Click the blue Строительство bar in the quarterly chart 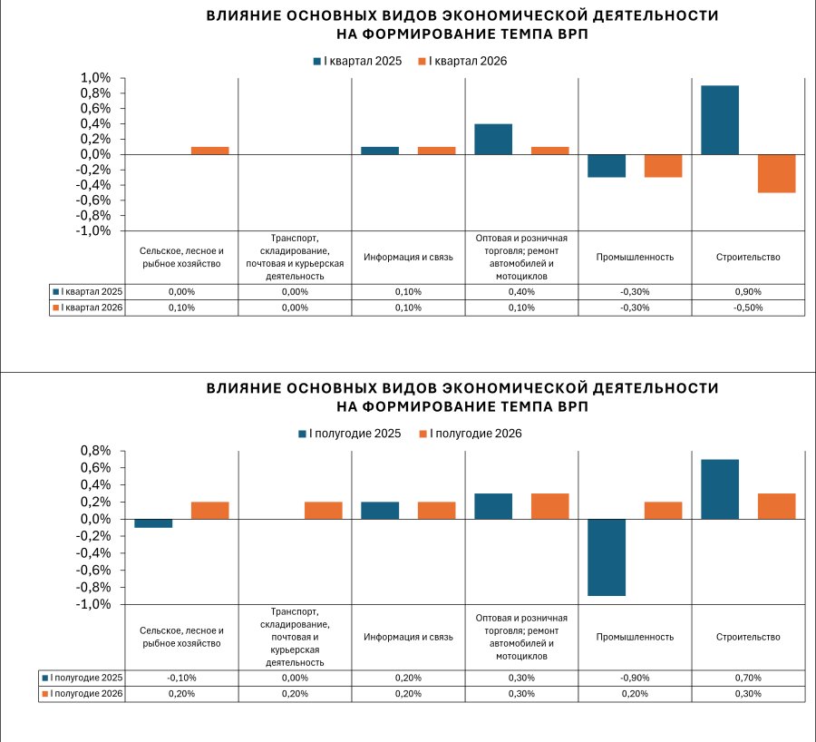pos(720,121)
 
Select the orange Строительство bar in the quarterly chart pos(776,174)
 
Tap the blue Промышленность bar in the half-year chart pos(607,557)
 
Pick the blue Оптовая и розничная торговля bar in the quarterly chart pos(493,140)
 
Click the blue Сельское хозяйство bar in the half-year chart pos(153,523)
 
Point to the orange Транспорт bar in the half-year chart pos(323,511)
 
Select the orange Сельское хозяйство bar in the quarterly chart pos(209,151)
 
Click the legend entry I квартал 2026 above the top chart pos(462,62)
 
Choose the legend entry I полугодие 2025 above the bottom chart pos(350,434)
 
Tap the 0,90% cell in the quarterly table pos(748,291)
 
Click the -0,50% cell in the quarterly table pos(748,308)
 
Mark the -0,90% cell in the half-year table pos(635,678)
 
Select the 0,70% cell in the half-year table pos(748,678)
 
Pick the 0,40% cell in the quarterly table pos(521,291)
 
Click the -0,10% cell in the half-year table pos(181,678)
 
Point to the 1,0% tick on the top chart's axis pos(95,78)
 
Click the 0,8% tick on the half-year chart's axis pos(95,451)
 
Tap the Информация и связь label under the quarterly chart pos(408,258)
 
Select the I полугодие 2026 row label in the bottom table pos(83,694)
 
